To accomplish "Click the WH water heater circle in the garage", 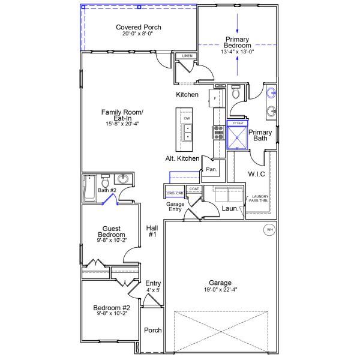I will click(269, 229).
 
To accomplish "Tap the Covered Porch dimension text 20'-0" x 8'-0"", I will click(137, 35).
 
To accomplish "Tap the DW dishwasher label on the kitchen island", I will click(187, 119).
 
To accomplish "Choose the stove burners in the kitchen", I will click(217, 132).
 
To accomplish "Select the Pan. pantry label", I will click(211, 170).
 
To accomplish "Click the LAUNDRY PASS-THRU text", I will click(260, 199).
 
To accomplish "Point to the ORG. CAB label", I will click(174, 193).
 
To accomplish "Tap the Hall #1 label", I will click(152, 231).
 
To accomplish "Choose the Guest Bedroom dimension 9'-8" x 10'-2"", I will click(112, 240).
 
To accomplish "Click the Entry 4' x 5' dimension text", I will click(152, 290).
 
